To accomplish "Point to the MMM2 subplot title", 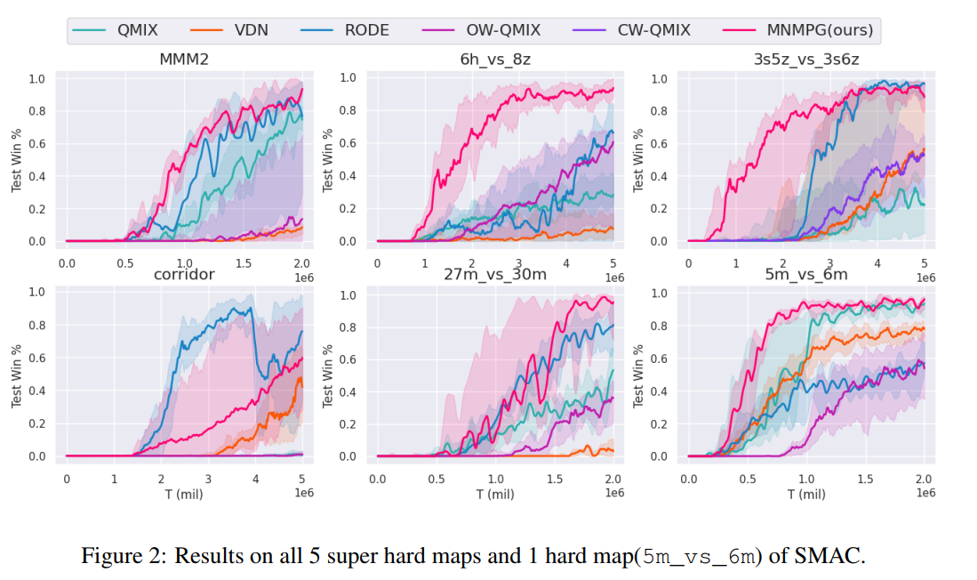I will [184, 60].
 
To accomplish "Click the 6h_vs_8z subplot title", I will [495, 60].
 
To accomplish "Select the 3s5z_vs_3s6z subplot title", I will [806, 60].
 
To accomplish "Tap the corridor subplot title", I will [184, 275].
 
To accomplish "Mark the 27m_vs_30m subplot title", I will [495, 275].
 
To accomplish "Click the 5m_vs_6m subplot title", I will [806, 275].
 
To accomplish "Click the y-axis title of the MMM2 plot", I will [17, 160].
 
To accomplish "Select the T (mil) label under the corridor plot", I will [184, 495].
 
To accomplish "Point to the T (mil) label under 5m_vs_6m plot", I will [806, 495].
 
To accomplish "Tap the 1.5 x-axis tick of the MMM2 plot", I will [244, 263].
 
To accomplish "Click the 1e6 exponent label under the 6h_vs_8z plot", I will [613, 278].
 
